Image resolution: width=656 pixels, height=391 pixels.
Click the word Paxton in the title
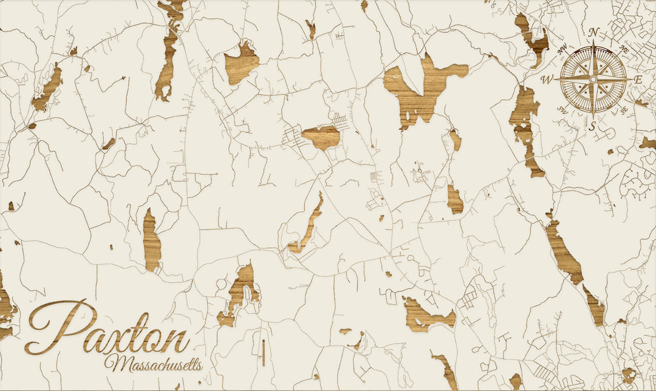106,331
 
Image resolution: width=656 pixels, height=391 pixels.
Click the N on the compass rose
595,33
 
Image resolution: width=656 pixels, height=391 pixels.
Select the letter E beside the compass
638,80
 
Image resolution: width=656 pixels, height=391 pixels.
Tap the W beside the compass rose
547,80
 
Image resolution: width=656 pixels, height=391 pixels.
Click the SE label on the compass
624,110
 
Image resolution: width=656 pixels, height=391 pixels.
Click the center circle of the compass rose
593,79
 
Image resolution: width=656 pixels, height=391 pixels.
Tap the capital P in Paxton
58,328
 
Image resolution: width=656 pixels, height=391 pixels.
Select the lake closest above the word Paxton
152,240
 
